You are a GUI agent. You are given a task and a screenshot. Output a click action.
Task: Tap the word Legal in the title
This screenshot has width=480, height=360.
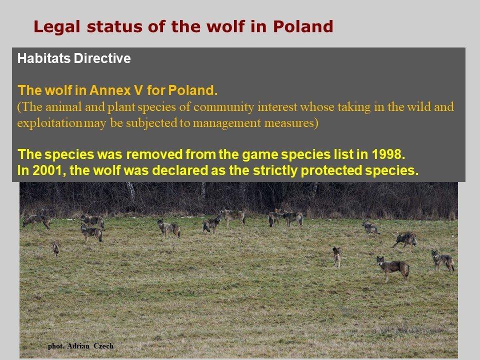[x=57, y=26]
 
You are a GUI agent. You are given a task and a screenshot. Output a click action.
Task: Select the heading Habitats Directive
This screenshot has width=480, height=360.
[x=74, y=58]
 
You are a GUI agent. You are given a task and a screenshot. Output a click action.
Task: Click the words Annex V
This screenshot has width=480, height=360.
[x=116, y=90]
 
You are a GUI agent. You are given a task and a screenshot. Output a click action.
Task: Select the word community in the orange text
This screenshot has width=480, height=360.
[x=224, y=107]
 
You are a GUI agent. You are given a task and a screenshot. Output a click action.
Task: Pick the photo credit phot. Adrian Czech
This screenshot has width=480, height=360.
[x=81, y=346]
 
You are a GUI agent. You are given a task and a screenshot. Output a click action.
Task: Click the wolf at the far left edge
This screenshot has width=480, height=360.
[x=36, y=220]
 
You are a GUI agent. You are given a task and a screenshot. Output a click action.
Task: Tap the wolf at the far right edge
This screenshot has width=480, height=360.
[x=442, y=260]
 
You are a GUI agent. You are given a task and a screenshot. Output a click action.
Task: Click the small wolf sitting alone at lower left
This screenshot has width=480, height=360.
[x=56, y=248]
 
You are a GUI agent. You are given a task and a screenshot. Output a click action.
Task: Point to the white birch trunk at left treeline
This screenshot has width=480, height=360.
[x=131, y=191]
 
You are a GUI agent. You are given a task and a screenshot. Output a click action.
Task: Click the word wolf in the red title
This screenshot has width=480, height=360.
[x=226, y=26]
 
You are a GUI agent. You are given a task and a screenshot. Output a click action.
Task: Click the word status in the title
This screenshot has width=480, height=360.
[x=114, y=26]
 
